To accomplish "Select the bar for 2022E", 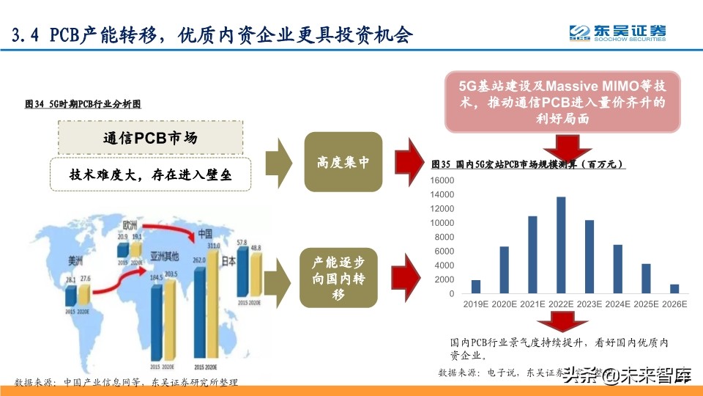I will (560, 245).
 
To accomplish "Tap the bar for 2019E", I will (475, 287).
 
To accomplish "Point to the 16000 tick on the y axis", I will (443, 180).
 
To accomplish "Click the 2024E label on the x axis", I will (617, 303).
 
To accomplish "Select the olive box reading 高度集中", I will (343, 162).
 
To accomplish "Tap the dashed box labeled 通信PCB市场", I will (149, 136).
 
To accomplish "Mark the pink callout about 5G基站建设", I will (562, 102).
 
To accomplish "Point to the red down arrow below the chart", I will (562, 323).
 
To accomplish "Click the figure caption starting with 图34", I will (83, 105).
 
